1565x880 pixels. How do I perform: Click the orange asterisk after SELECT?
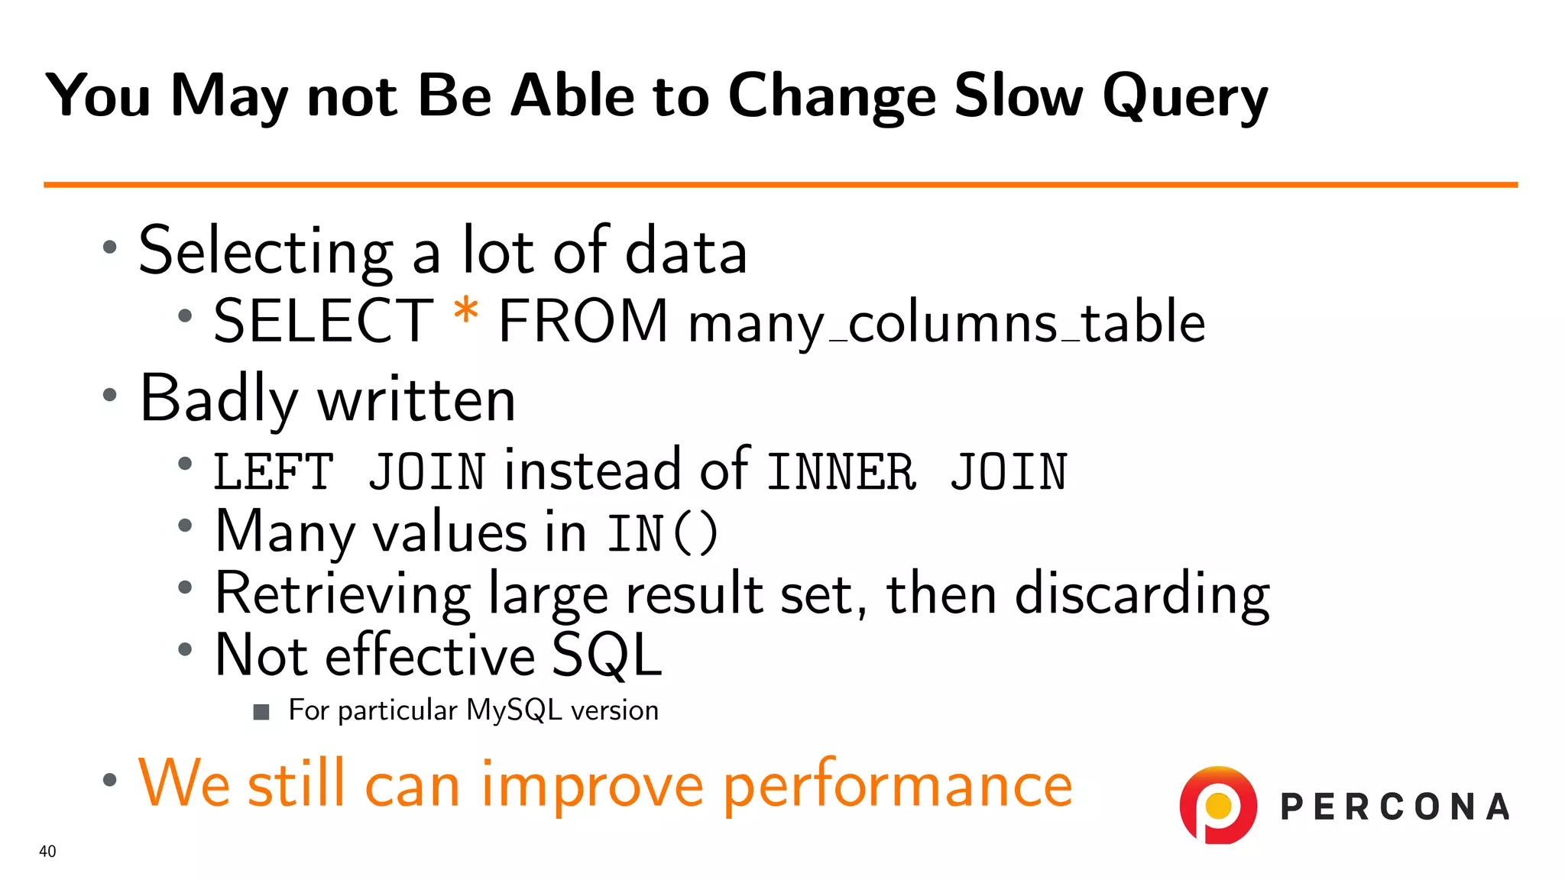(465, 313)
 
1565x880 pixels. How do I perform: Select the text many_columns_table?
(946, 322)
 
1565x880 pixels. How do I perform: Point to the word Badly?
(219, 399)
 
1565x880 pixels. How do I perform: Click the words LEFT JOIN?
(349, 471)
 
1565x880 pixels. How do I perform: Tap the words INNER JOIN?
(916, 471)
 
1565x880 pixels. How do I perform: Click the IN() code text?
(663, 533)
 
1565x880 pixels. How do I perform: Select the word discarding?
(1142, 594)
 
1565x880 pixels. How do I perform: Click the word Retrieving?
(343, 594)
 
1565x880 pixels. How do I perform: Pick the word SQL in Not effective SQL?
(606, 655)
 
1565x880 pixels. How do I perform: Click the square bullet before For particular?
(261, 713)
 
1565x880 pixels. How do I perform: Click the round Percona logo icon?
(1218, 805)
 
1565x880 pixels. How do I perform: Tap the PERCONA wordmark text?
(1395, 807)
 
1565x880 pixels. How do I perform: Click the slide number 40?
(47, 851)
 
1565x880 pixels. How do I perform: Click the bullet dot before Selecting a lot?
(110, 247)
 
